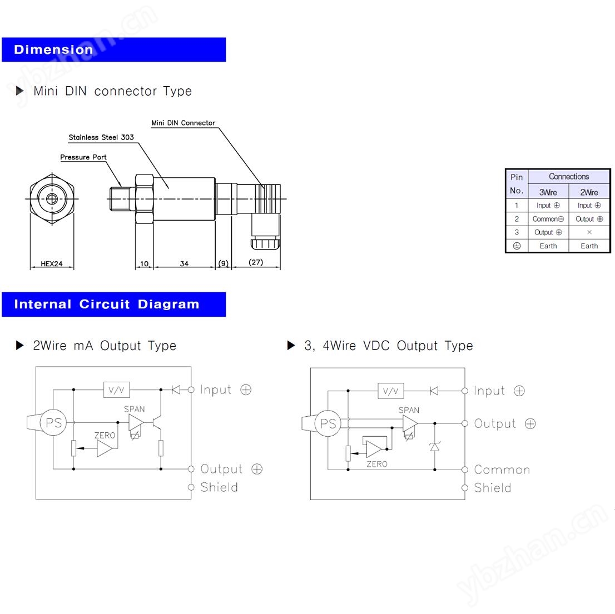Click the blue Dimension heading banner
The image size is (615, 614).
tap(113, 49)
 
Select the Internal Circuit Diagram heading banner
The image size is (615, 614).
tap(113, 304)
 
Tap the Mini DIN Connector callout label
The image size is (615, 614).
tap(183, 123)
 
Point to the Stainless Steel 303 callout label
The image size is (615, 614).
tap(101, 137)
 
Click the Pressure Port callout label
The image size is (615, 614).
tap(83, 157)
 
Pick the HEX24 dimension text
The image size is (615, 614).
tap(52, 264)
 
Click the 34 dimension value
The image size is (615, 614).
tap(184, 264)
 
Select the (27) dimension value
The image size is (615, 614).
tap(256, 262)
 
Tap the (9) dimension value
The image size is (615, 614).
tap(223, 263)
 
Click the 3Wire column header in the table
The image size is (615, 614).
tap(548, 192)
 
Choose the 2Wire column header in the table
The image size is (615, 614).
tap(589, 192)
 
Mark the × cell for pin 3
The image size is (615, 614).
tap(589, 232)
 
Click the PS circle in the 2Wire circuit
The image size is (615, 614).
tap(53, 423)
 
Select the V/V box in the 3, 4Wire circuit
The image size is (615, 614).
tap(391, 391)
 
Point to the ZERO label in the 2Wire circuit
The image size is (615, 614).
tap(105, 435)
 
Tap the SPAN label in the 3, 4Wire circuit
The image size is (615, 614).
tap(409, 410)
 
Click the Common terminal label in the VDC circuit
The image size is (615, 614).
tap(502, 470)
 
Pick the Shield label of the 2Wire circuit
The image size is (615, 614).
tap(219, 487)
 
